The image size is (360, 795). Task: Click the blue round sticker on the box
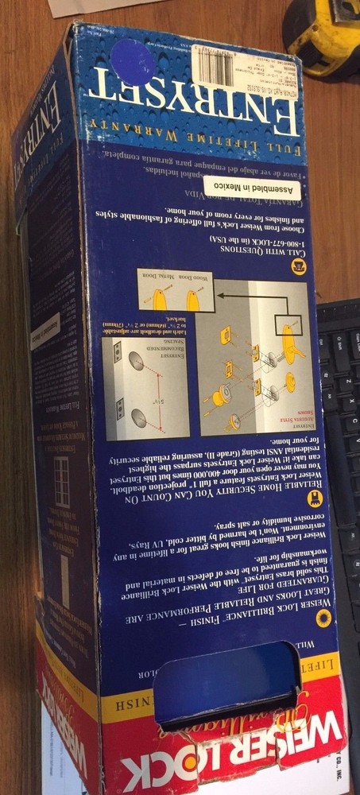coord(133,61)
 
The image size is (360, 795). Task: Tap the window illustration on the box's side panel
coord(61,482)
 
